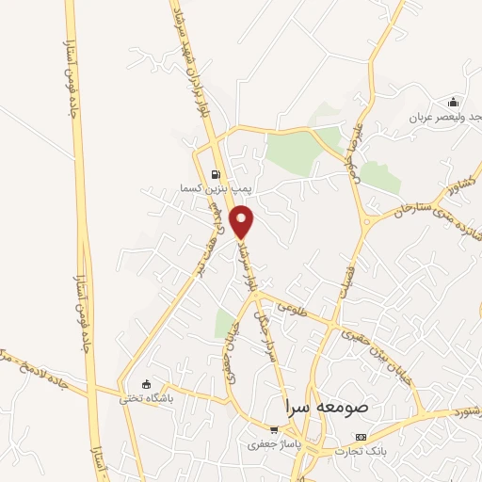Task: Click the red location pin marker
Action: pyautogui.click(x=243, y=220)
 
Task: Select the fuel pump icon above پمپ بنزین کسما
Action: pyautogui.click(x=217, y=174)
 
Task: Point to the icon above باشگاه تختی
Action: pyautogui.click(x=145, y=383)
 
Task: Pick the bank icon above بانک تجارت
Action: pyautogui.click(x=361, y=438)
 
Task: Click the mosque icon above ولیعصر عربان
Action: pyautogui.click(x=455, y=102)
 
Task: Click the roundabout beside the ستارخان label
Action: pyautogui.click(x=367, y=222)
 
